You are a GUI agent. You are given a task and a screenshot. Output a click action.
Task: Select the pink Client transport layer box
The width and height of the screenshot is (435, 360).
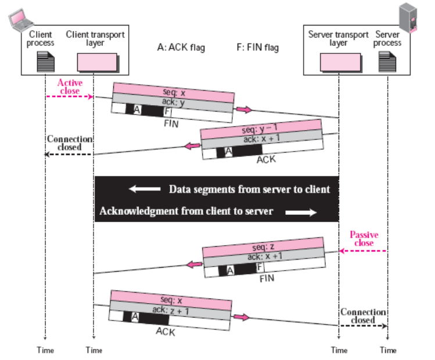pyautogui.click(x=93, y=60)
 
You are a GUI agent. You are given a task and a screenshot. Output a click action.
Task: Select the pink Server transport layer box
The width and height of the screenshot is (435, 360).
pyautogui.click(x=338, y=60)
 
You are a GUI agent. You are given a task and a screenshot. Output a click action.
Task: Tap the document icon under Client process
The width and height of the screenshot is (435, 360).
pyautogui.click(x=45, y=61)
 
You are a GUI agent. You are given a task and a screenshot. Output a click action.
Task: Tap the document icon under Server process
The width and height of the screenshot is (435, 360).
pyautogui.click(x=387, y=61)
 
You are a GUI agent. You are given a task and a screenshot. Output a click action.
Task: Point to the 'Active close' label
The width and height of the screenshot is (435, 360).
pyautogui.click(x=70, y=87)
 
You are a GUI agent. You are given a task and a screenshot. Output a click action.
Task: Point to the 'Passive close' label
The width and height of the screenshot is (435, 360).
pyautogui.click(x=364, y=239)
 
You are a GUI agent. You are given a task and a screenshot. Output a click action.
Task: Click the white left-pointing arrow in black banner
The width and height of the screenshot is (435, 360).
pyautogui.click(x=145, y=189)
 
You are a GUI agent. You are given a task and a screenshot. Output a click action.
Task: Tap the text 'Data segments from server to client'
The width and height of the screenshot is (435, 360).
pyautogui.click(x=249, y=189)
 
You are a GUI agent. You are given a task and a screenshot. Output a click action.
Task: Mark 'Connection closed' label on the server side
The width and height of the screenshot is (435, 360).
pyautogui.click(x=363, y=316)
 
